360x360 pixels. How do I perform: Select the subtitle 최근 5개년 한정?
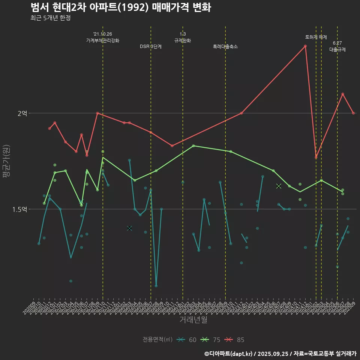pyautogui.click(x=50, y=18)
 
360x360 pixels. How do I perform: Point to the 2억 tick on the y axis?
pyautogui.click(x=22, y=113)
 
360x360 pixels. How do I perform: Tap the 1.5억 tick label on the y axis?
pyautogui.click(x=19, y=209)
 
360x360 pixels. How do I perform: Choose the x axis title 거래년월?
pyautogui.click(x=193, y=319)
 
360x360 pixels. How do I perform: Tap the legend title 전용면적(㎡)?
pyautogui.click(x=157, y=340)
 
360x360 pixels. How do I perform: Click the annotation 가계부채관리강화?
pyautogui.click(x=103, y=40)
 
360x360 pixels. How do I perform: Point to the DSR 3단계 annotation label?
pyautogui.click(x=151, y=47)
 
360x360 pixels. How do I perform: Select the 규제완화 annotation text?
pyautogui.click(x=183, y=40)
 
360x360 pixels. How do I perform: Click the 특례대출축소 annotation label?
pyautogui.click(x=225, y=47)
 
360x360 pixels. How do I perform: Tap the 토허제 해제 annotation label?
pyautogui.click(x=316, y=37)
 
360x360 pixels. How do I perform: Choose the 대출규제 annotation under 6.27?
pyautogui.click(x=337, y=49)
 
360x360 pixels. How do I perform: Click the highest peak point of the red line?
pyautogui.click(x=305, y=46)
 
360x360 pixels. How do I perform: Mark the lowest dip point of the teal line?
pyautogui.click(x=156, y=286)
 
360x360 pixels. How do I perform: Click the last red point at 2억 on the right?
pyautogui.click(x=353, y=113)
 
